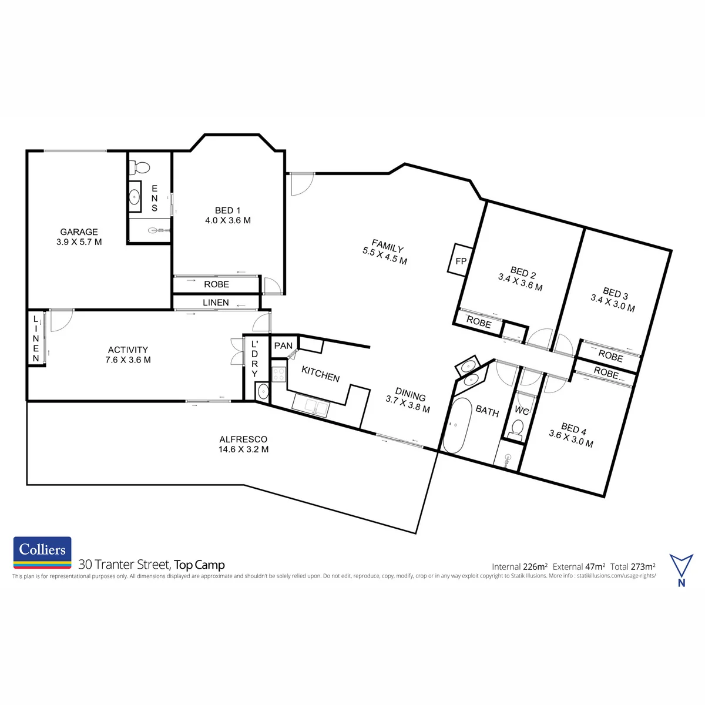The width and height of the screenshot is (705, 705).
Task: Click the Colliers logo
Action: click(42, 552)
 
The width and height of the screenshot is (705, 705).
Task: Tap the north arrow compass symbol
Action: click(681, 570)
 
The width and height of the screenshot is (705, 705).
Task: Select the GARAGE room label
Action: click(79, 232)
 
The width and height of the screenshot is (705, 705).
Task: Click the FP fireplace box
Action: click(460, 260)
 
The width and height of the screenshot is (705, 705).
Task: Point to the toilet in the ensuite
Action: click(140, 167)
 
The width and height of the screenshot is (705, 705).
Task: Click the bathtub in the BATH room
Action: click(457, 425)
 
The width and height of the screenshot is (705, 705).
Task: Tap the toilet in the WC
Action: click(516, 428)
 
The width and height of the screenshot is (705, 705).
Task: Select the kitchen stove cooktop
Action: click(279, 374)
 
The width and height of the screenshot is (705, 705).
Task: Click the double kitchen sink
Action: click(311, 405)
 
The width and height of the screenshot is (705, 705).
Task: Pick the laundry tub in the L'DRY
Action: click(262, 391)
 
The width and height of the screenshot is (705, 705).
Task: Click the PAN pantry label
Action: click(283, 345)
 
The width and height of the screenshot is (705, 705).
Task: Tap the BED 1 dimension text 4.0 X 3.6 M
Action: click(228, 220)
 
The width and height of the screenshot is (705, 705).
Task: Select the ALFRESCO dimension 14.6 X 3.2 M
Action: click(244, 449)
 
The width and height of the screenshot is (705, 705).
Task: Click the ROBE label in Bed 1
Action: click(217, 284)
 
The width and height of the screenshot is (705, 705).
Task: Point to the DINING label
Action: click(411, 395)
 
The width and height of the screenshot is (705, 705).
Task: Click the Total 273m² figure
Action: click(633, 567)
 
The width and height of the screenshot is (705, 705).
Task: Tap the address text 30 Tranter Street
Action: click(125, 565)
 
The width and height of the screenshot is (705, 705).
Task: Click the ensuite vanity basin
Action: click(135, 196)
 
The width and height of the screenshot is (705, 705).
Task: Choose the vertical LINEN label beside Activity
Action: click(36, 338)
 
